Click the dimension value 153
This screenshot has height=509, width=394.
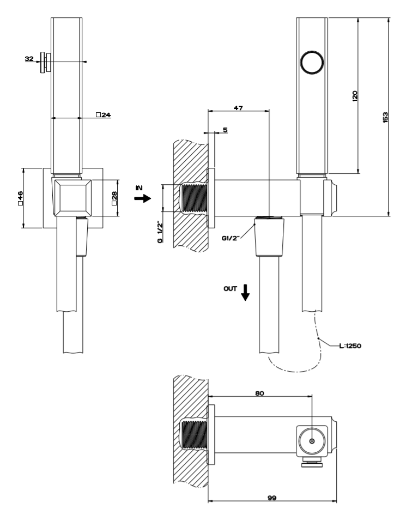[385, 117]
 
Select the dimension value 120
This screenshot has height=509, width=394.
[355, 96]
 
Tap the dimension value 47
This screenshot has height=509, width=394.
[238, 108]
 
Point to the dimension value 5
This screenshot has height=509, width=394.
[224, 130]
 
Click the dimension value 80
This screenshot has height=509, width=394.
[260, 392]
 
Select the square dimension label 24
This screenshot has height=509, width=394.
[103, 115]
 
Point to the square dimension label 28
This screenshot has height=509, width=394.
[114, 198]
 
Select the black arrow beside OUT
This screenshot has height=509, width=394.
[245, 293]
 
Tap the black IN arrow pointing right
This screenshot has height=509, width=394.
[142, 199]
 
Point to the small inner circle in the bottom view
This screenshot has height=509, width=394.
[311, 440]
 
